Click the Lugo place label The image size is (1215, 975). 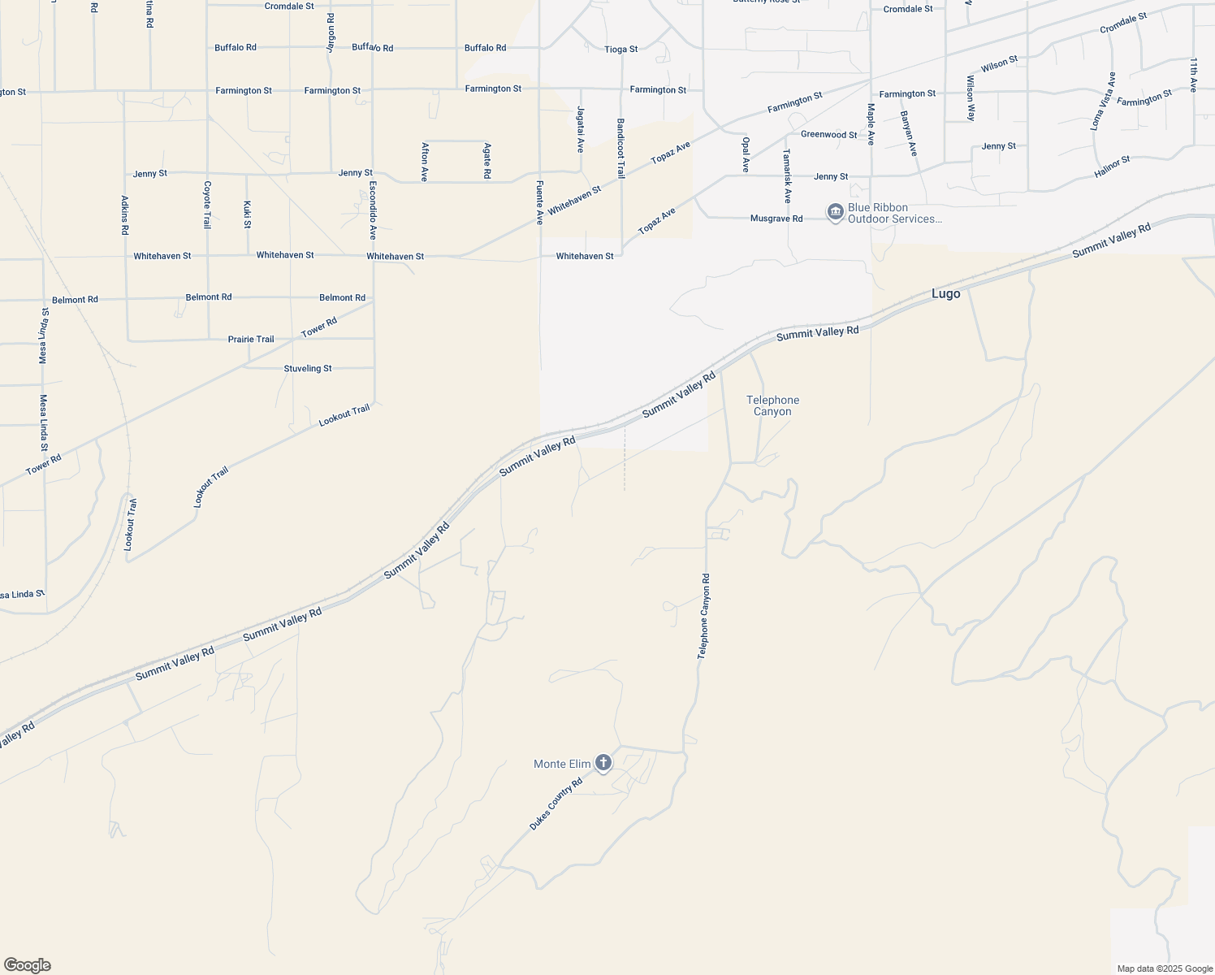click(x=945, y=294)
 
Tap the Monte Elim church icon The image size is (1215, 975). click(x=603, y=763)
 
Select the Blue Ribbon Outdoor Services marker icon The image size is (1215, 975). click(x=835, y=213)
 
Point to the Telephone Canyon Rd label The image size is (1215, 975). click(x=704, y=616)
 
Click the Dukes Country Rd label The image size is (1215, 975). click(x=556, y=804)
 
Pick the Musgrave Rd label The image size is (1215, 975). click(x=776, y=219)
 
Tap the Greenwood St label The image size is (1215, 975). click(x=828, y=135)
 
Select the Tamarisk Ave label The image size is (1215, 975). click(x=787, y=176)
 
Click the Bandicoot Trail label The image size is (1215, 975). click(x=620, y=149)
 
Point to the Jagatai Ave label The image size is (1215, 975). click(x=580, y=129)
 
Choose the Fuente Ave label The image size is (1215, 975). click(x=538, y=202)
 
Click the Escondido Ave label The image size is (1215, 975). click(x=373, y=210)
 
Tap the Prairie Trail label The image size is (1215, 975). click(x=251, y=339)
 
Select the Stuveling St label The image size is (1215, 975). click(x=307, y=368)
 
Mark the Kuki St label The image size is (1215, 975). click(x=247, y=214)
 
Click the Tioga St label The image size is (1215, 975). click(x=620, y=50)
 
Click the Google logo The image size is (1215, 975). click(x=27, y=965)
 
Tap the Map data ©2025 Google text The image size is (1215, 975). click(x=1165, y=968)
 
